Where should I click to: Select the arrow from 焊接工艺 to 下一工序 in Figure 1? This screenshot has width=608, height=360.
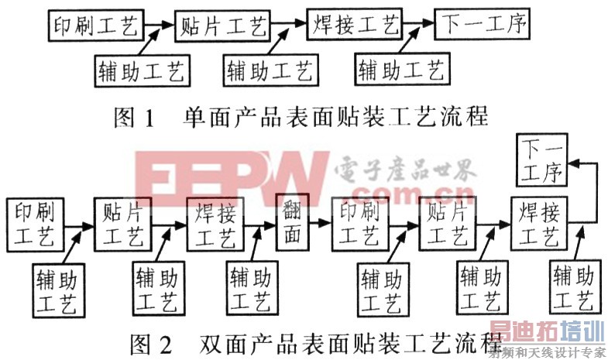[419, 24]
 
